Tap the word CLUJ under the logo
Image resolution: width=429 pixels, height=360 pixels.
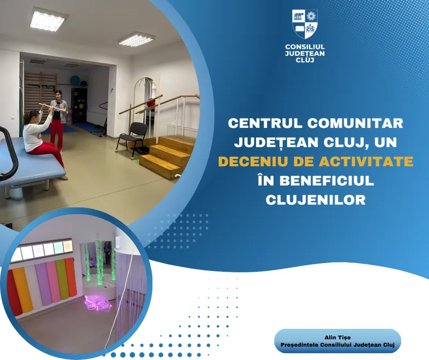click(305, 60)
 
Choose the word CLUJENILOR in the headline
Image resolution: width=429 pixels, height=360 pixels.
click(316, 200)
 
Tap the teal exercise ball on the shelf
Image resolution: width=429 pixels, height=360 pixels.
click(76, 83)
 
